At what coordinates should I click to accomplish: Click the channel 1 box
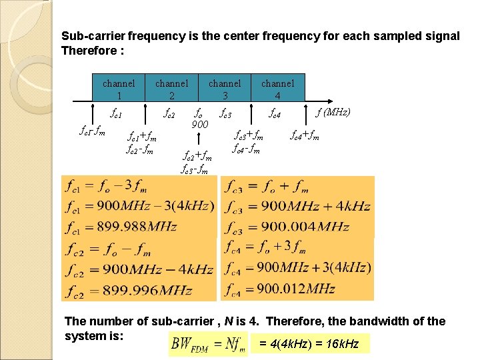[x=119, y=89]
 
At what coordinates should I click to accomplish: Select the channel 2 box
[x=171, y=89]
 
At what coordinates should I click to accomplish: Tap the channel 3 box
[x=225, y=89]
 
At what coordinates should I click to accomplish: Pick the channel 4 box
[x=277, y=89]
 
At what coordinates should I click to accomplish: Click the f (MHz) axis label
[x=333, y=112]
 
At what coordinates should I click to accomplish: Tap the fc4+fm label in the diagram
[x=305, y=136]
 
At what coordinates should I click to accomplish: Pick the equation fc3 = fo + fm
[x=267, y=186]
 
